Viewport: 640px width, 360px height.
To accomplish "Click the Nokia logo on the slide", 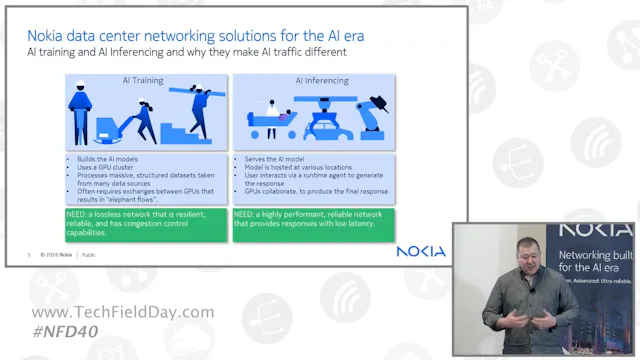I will tap(420, 251).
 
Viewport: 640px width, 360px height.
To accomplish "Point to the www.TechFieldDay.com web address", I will tap(123, 312).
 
